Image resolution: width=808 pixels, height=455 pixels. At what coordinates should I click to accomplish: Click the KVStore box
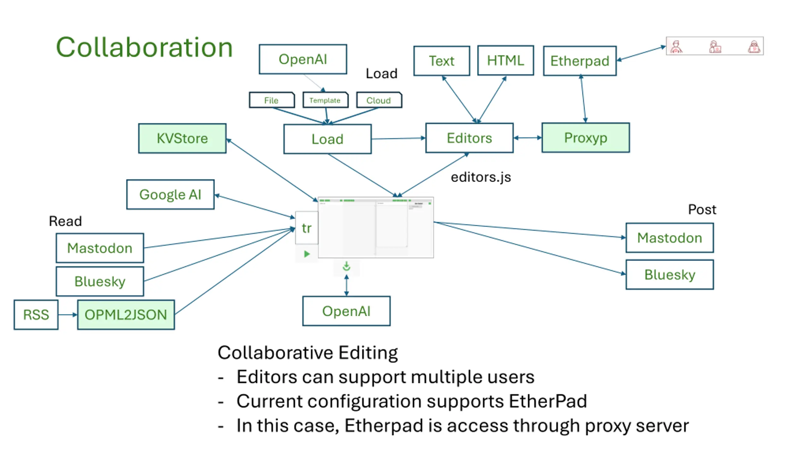(x=182, y=138)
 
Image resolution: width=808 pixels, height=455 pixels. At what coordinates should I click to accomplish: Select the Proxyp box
(x=585, y=138)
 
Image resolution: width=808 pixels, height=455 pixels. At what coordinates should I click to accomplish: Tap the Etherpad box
(x=579, y=61)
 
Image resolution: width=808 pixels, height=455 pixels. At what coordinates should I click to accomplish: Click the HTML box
(x=505, y=60)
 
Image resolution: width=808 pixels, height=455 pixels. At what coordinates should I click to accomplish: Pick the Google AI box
(x=170, y=194)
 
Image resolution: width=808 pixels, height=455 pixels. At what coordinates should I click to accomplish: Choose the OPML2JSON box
(x=126, y=315)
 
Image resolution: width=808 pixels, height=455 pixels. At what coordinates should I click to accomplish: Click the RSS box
(x=36, y=315)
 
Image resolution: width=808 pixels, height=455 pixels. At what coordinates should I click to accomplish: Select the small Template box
(x=325, y=100)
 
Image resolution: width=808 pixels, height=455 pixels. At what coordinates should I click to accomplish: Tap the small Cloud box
(x=379, y=100)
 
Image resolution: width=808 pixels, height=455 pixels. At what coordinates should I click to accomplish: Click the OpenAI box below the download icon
(x=346, y=311)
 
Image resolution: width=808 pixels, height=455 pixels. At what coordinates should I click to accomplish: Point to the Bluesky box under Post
(x=669, y=275)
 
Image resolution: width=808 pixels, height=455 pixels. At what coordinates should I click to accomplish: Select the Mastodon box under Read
(x=100, y=248)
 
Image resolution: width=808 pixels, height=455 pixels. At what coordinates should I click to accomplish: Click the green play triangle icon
(x=306, y=254)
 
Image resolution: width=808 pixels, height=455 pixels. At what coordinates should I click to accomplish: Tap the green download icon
(x=346, y=266)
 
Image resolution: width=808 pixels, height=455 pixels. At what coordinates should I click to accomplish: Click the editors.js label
(x=481, y=177)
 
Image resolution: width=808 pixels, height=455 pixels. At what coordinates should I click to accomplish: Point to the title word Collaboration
(x=144, y=47)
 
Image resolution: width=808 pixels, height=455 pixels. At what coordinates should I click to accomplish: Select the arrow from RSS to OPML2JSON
(x=68, y=315)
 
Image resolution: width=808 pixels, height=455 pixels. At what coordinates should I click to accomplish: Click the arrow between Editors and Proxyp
(x=527, y=138)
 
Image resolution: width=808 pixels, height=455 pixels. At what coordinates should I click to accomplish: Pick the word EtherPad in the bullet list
(x=548, y=401)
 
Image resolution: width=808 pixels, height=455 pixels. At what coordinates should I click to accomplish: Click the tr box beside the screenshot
(x=306, y=228)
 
